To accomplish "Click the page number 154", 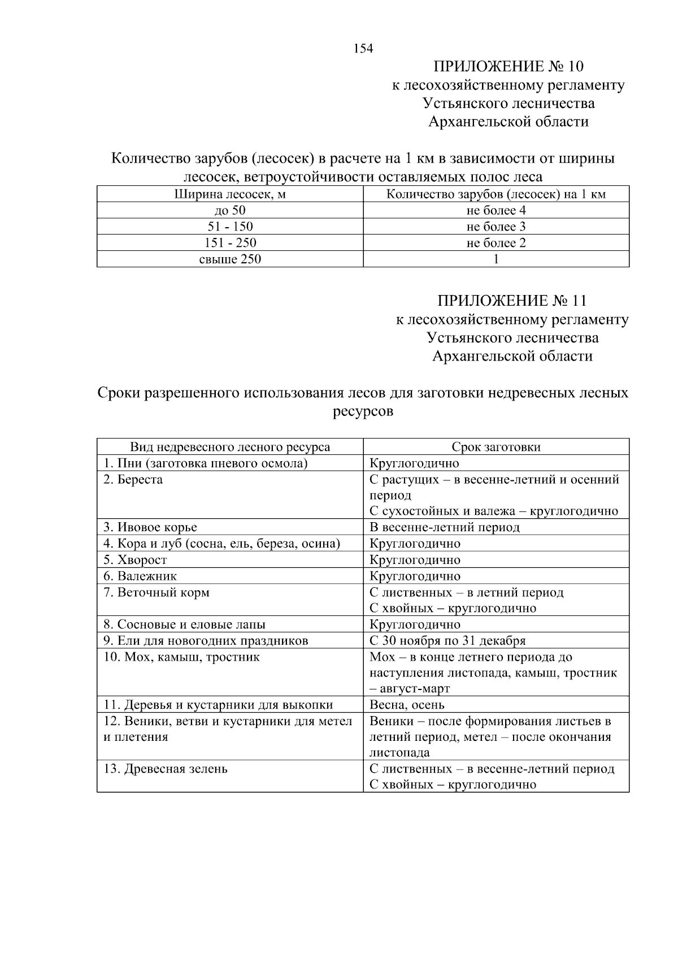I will point(363,49).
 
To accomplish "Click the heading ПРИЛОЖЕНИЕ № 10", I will point(508,67).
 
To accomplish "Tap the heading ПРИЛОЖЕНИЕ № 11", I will point(512,301).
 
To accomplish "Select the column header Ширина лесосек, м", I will point(230,194).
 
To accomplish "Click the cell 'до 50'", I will point(230,211).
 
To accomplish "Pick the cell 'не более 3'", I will point(496,227).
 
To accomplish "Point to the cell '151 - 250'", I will point(230,243).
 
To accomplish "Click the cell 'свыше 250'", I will point(230,259).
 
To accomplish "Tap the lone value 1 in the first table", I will point(496,259).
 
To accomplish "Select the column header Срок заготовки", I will point(496,447).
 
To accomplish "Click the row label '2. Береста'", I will point(133,480).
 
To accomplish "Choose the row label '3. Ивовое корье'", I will point(150,527).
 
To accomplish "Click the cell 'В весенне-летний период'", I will point(444,527).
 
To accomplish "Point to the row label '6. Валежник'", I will point(140,576).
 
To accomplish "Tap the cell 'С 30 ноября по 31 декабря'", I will point(447,641).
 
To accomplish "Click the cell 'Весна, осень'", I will point(407,705).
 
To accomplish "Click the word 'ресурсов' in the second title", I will point(363,411).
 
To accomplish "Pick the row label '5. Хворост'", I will point(135,560).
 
